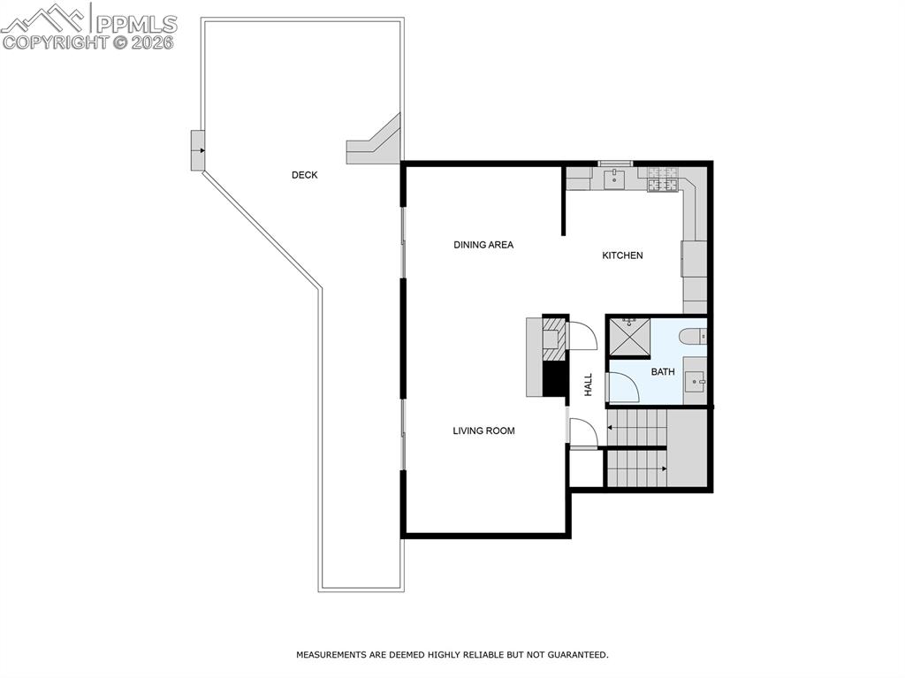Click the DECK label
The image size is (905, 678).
(304, 175)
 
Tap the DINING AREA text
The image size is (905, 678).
(483, 245)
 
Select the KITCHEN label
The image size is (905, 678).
(622, 255)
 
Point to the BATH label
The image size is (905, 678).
(663, 372)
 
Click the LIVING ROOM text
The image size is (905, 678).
(483, 431)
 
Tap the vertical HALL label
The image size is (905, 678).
(589, 385)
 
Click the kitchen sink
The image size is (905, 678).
(615, 180)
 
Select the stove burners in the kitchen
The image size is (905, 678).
(662, 180)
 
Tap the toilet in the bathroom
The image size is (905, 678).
(693, 336)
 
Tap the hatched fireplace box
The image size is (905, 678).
(555, 339)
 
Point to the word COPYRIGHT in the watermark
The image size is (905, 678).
(55, 42)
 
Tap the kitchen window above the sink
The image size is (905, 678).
(615, 164)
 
